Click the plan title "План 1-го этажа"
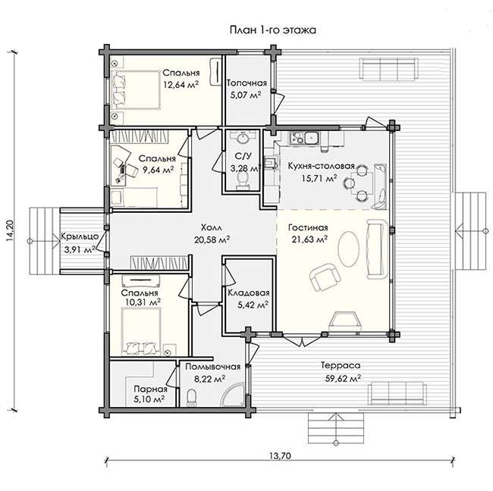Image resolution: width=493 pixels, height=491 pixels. pos(273,30)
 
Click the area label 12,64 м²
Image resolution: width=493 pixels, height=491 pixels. pos(181,85)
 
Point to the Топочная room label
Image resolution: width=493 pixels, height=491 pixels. pos(246,83)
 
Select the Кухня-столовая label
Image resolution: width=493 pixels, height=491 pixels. pos(322,166)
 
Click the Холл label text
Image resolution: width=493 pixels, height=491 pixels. pos(212,227)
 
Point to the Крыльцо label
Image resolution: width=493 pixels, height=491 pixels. pos(80,236)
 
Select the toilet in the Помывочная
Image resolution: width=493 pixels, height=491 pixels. pos(191,398)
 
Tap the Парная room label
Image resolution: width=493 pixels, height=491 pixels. pos(150,389)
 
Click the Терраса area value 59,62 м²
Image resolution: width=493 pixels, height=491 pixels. pos(343,379)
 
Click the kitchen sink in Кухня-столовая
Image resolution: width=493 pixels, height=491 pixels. pos(310,138)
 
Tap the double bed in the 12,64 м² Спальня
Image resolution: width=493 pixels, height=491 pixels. pos(135,90)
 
